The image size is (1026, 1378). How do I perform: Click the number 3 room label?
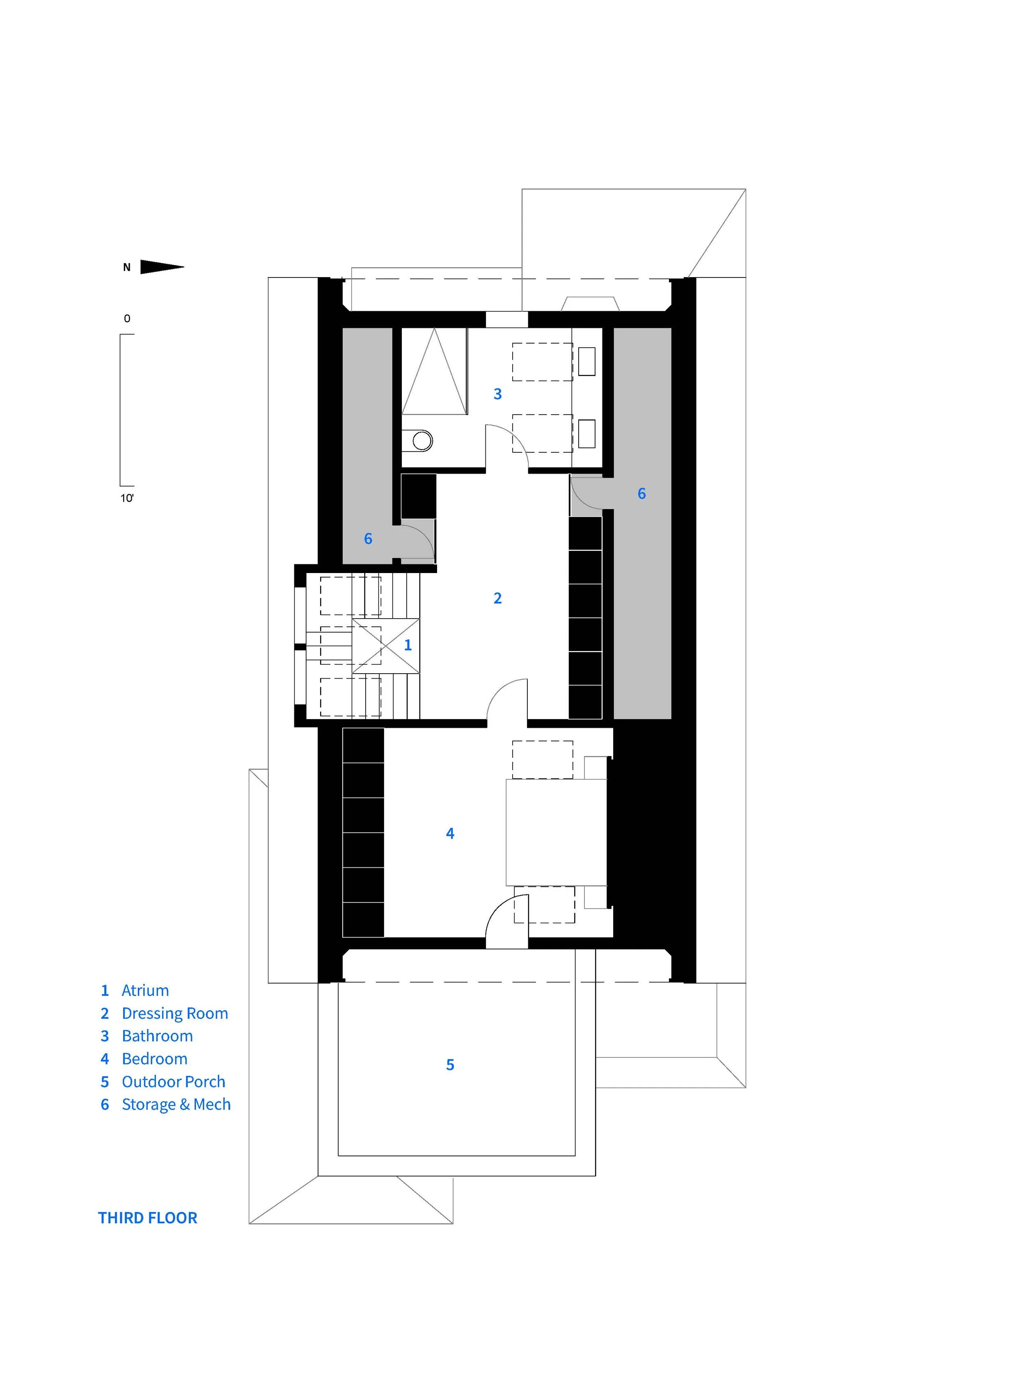tap(497, 394)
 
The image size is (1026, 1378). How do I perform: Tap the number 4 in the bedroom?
tap(450, 834)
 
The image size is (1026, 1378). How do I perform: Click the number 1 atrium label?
tap(408, 645)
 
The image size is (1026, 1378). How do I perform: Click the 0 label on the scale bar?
tap(127, 319)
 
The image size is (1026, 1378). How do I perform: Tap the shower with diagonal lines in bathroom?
tap(434, 371)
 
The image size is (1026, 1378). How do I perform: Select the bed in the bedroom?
tap(556, 832)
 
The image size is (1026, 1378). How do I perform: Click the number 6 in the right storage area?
tap(641, 493)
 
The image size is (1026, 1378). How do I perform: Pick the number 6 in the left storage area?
tap(368, 539)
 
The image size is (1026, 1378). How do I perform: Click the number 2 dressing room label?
tap(497, 598)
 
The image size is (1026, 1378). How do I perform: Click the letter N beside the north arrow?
tap(127, 268)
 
